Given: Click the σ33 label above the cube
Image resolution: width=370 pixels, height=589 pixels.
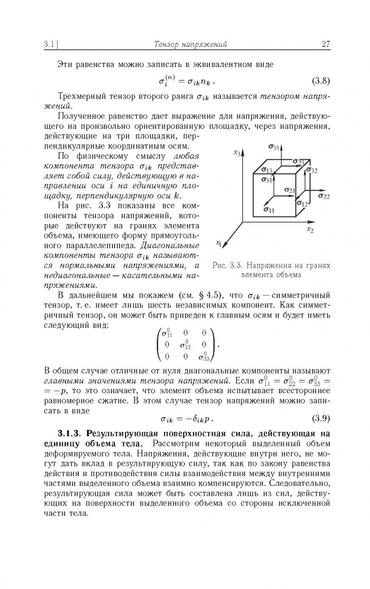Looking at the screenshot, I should (274, 147).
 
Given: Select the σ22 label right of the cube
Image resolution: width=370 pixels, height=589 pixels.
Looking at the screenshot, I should (324, 196).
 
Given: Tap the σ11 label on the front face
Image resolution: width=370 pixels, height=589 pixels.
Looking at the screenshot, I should (269, 209).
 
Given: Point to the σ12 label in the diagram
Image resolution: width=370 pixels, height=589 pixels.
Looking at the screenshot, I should (303, 204).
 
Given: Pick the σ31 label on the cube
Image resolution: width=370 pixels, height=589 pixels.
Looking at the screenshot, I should (267, 179).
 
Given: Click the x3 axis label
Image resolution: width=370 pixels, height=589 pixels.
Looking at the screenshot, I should (237, 153).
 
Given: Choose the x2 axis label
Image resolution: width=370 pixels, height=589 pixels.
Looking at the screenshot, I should (310, 230).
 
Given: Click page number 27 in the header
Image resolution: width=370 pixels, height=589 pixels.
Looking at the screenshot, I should (326, 45).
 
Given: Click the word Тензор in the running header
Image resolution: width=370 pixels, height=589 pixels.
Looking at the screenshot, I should (167, 45).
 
